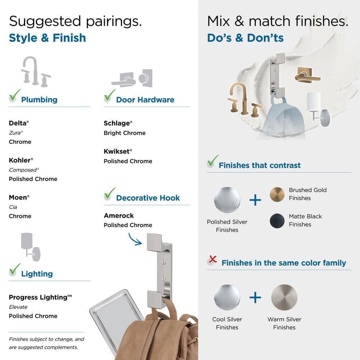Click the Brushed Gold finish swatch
[x=277, y=194]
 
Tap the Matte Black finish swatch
[x=277, y=221]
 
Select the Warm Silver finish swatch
[x=284, y=297]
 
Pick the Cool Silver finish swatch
[x=227, y=297]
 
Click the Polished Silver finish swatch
[x=227, y=200]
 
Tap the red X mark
[x=213, y=259]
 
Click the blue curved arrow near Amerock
[x=135, y=239]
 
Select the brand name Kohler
[x=20, y=160]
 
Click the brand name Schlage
[x=117, y=123]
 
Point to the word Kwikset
[x=117, y=151]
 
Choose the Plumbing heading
[x=39, y=100]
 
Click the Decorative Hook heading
[x=148, y=198]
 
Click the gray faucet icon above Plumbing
[x=36, y=72]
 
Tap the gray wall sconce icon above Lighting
[x=31, y=247]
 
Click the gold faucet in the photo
[x=244, y=100]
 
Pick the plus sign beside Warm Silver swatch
[x=255, y=297]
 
